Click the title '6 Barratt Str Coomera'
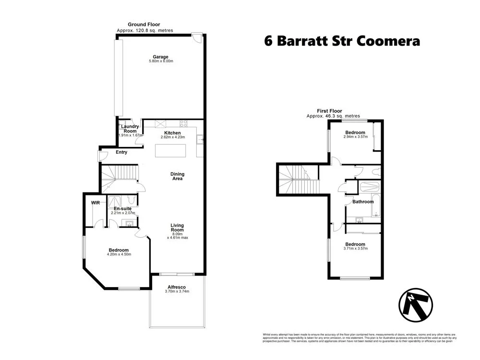pos(342,41)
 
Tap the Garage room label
pos(161,57)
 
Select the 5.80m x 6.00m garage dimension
pos(161,61)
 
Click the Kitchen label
pos(172,133)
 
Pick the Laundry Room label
pos(130,129)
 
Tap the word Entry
pos(121,153)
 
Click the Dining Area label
pos(177,176)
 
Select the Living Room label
pos(177,227)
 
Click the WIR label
pos(95,203)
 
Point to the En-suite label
pos(123,208)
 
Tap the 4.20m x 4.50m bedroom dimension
pos(119,254)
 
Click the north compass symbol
pos(416,305)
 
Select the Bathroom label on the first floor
pos(363,202)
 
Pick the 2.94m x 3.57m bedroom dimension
pos(355,137)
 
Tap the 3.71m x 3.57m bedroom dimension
pos(355,249)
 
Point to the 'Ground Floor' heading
pos(144,24)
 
